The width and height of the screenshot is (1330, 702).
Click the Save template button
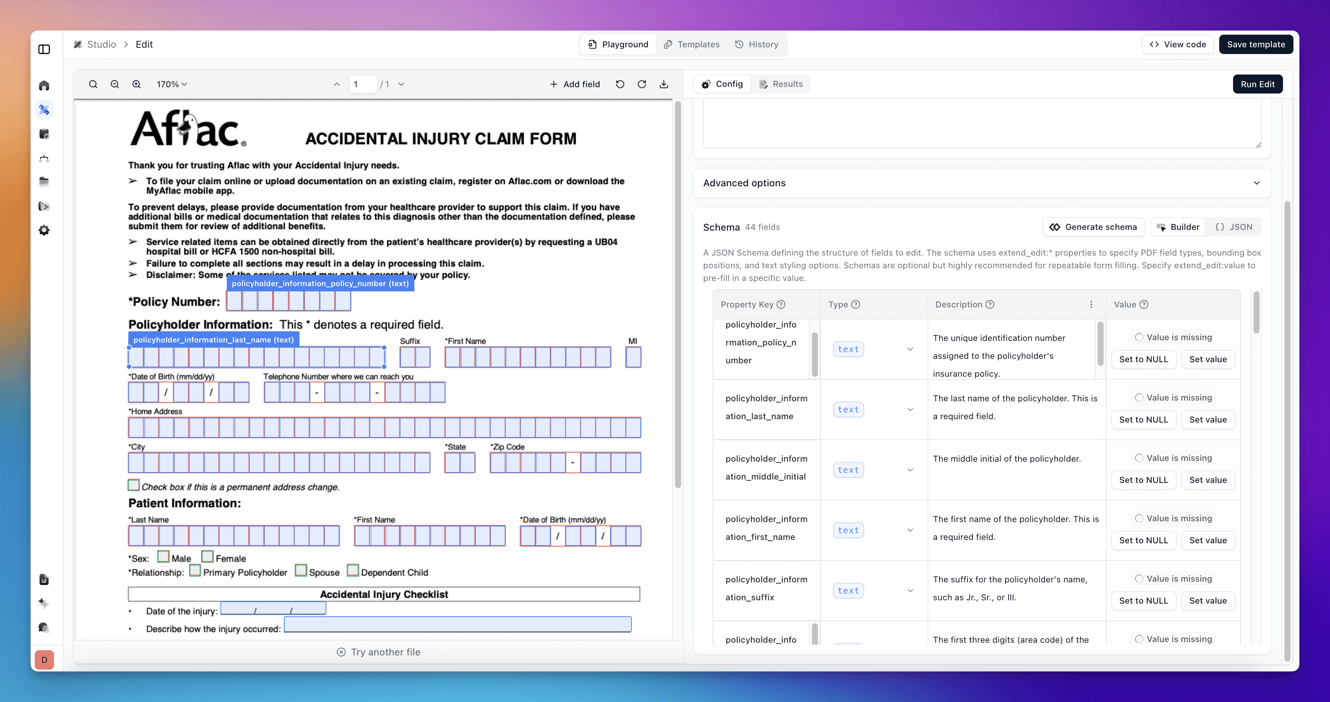coord(1256,44)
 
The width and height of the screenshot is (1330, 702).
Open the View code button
coord(1178,44)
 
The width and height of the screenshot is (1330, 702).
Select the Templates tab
coord(691,44)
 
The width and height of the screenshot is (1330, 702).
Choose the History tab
coord(756,44)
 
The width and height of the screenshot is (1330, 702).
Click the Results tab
coord(781,84)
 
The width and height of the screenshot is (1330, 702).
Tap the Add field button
coord(575,84)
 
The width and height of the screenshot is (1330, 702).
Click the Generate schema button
coord(1094,227)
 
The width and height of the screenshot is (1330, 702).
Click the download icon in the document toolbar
coord(664,84)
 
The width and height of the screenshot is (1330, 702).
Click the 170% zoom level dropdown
coord(172,84)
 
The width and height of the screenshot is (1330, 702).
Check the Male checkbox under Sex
coord(163,557)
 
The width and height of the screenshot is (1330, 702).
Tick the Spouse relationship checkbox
coord(301,570)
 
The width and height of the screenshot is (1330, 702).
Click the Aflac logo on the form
coord(188,129)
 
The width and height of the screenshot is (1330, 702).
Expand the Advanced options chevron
coord(1257,183)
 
